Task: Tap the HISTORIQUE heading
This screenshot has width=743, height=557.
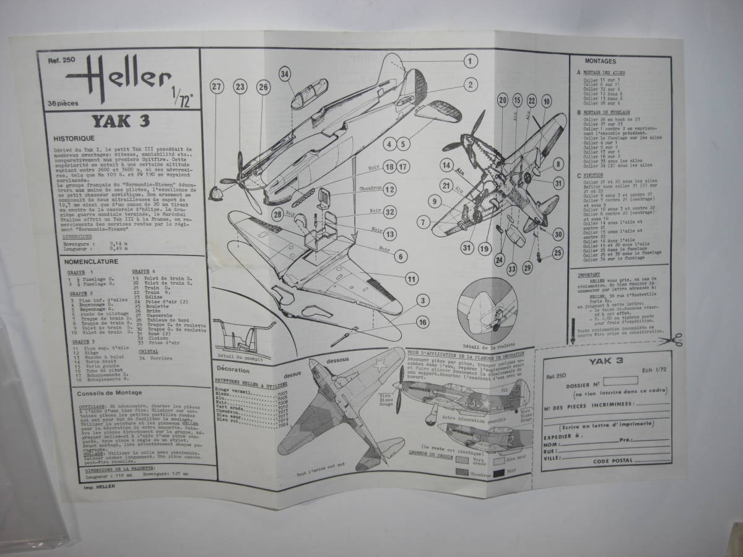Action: tap(74, 139)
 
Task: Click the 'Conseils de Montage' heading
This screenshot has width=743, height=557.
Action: tap(109, 392)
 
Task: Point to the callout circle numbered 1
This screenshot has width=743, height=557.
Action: tap(471, 61)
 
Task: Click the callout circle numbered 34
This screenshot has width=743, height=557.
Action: tap(284, 74)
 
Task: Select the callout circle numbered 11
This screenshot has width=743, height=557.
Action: tap(410, 278)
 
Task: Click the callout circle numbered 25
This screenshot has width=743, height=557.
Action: tap(558, 252)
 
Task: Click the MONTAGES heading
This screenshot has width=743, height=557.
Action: tap(599, 63)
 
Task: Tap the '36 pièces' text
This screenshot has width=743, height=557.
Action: tap(58, 103)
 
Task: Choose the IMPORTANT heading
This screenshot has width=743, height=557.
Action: tap(589, 273)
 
